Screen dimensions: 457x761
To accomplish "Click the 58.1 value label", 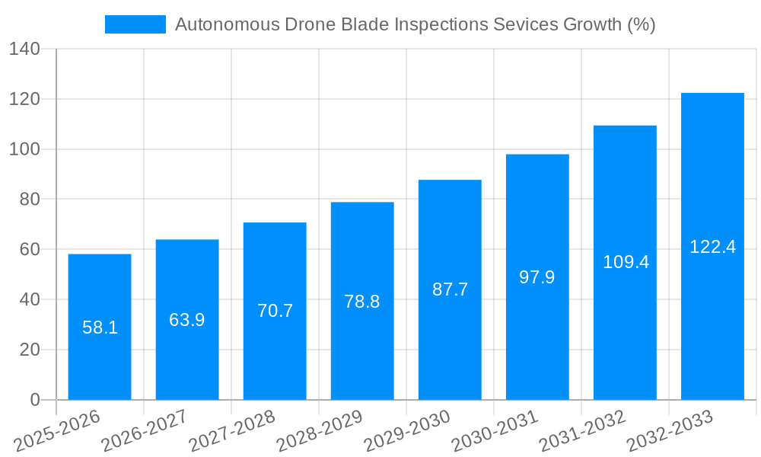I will coord(100,328).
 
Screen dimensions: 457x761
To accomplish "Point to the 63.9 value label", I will coord(187,320).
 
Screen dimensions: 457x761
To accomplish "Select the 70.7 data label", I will coord(275,311).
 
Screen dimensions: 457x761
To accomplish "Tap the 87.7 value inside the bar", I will coord(450,289).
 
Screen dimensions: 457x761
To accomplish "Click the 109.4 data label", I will coord(626,262).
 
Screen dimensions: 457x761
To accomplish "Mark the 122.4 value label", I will coord(712,247).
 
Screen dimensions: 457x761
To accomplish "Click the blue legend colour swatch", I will coord(135,24).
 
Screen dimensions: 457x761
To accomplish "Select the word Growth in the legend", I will coord(591,24).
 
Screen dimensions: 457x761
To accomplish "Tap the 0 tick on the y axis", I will coord(34,400).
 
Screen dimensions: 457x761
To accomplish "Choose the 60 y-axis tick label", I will coord(29,250).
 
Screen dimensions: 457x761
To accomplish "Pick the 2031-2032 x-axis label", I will coord(581,432).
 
